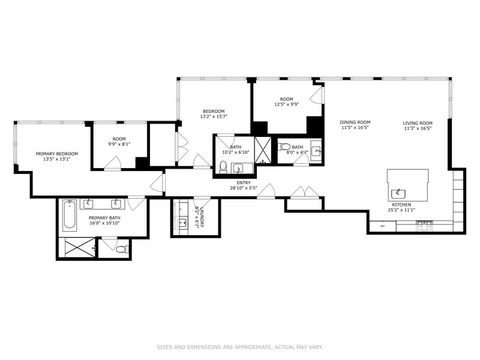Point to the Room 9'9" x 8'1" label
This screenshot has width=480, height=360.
click(x=119, y=141)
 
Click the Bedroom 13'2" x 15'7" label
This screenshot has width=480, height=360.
click(x=214, y=114)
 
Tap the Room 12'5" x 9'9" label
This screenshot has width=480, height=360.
click(x=287, y=102)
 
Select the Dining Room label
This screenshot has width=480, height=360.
click(x=355, y=125)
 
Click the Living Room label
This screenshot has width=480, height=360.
click(x=417, y=125)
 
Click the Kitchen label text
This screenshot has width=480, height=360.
click(x=399, y=208)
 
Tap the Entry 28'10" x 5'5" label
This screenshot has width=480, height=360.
click(x=243, y=185)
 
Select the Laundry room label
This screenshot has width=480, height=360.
click(x=202, y=217)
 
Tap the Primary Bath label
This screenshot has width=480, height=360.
click(x=104, y=220)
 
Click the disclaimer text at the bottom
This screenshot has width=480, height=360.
click(x=239, y=347)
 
